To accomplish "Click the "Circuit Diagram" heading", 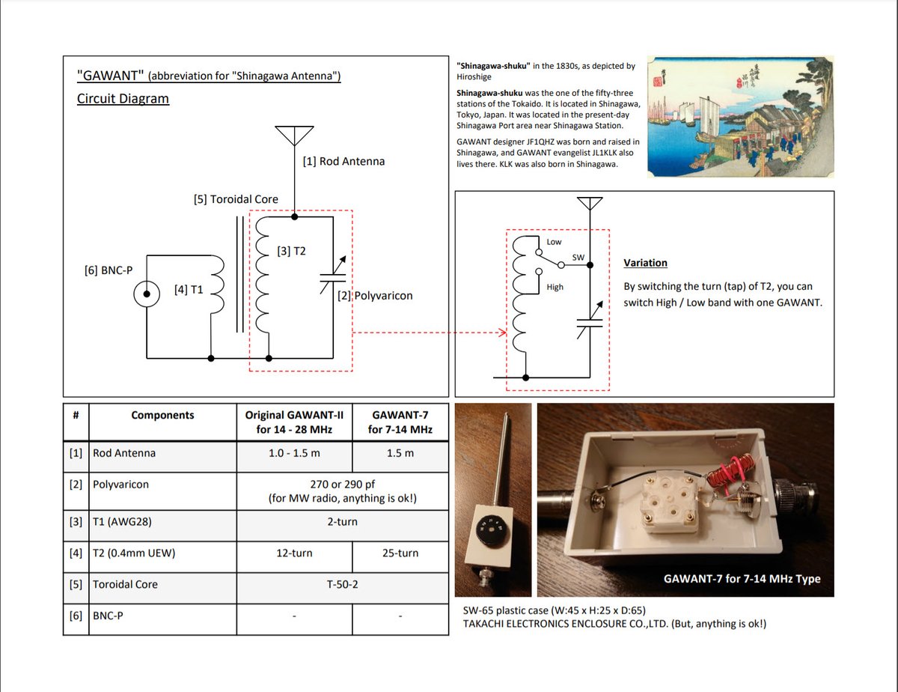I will point(123,98).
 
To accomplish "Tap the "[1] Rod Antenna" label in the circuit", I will point(343,161).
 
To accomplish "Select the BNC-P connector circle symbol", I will point(147,294).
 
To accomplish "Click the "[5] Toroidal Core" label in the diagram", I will point(236,199).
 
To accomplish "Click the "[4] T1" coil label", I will point(188,289).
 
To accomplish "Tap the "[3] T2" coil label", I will point(291,251).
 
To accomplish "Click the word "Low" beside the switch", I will point(554,242).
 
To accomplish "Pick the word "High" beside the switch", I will point(555,287).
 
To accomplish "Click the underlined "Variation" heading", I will point(645,263).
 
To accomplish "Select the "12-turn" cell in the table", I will point(294,553).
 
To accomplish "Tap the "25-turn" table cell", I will point(400,553).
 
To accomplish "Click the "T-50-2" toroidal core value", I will point(342,583).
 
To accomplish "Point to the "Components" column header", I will point(162,415).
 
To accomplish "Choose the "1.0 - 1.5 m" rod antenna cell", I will point(294,453).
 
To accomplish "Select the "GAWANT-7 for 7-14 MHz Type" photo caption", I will point(742,578).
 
